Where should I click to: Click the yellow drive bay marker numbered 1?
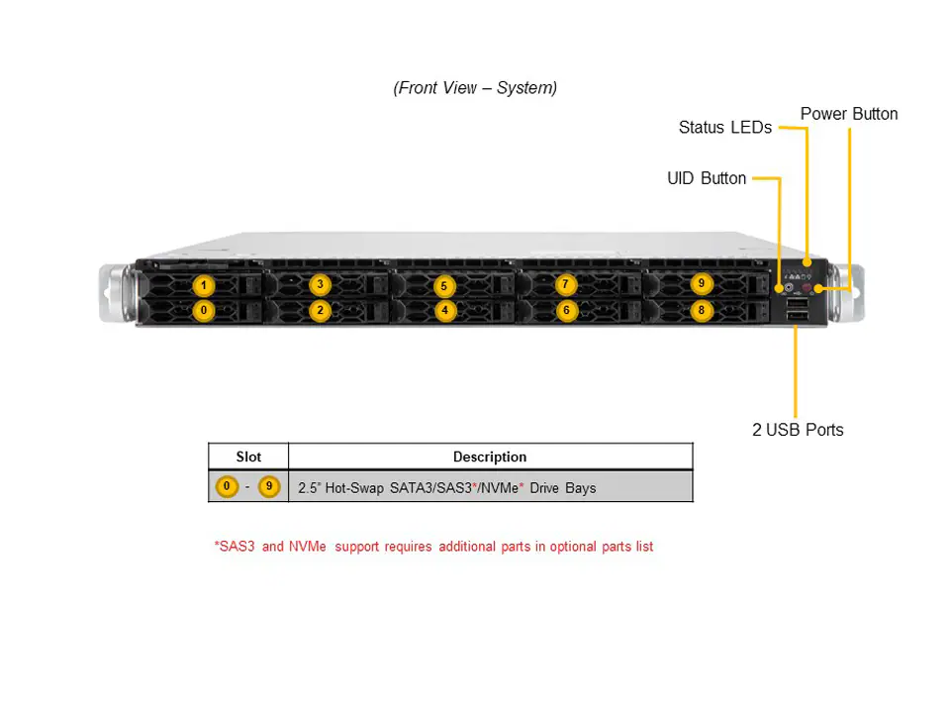click(203, 286)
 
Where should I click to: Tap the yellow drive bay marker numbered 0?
click(203, 310)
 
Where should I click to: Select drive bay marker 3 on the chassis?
click(320, 285)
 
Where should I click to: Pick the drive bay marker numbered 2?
click(320, 310)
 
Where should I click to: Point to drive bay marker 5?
click(444, 286)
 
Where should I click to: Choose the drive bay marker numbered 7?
click(565, 285)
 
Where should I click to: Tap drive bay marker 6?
click(565, 310)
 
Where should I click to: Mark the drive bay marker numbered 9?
click(701, 284)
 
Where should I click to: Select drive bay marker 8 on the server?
click(701, 310)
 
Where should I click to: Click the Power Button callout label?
click(849, 114)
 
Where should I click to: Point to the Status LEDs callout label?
click(724, 128)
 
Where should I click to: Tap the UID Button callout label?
click(707, 178)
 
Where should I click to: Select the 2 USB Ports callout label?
click(798, 430)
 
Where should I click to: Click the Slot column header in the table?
click(248, 457)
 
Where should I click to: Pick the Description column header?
click(490, 457)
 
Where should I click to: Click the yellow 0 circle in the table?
click(228, 487)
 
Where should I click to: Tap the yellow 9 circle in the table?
click(269, 487)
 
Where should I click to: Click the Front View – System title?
click(475, 88)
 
